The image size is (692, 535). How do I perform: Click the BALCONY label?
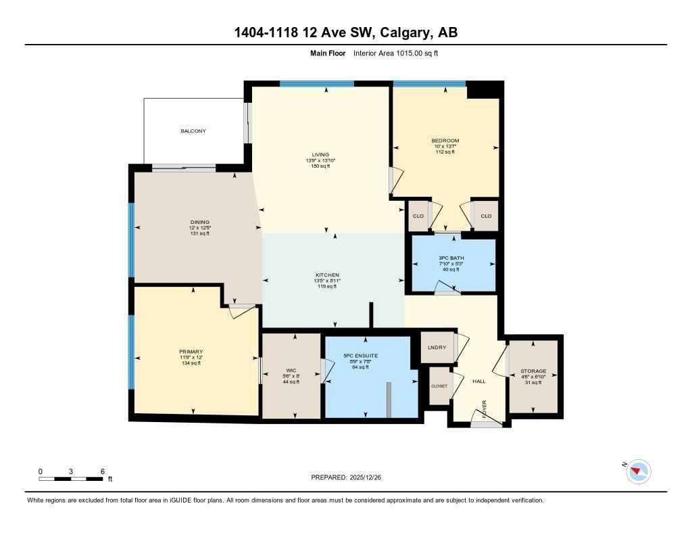pos(193,131)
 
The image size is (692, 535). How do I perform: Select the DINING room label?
pos(199,222)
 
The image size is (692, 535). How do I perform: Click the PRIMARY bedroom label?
pos(191,352)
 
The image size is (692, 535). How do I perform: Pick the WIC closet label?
pos(291,371)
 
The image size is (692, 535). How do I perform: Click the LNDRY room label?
pos(437,348)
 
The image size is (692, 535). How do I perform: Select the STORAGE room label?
pos(533,371)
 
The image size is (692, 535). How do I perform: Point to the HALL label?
pos(479,381)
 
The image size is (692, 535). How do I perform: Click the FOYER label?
pos(485,407)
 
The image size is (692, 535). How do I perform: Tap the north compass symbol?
pos(638,471)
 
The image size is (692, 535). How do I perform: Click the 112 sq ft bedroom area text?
pos(445,152)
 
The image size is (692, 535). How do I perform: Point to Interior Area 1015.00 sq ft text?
pos(396,53)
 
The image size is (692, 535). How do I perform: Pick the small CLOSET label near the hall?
pos(439,386)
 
